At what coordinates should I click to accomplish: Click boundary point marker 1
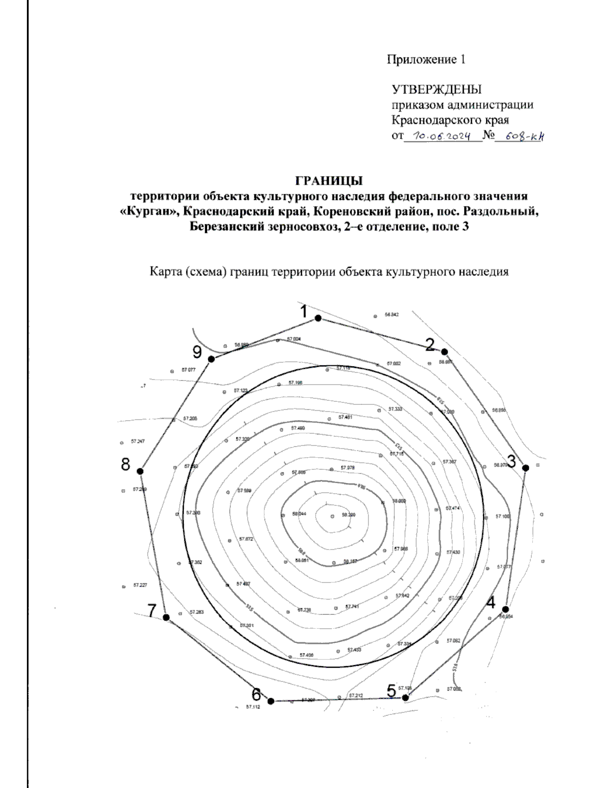click(318, 318)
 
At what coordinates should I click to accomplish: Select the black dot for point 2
click(444, 352)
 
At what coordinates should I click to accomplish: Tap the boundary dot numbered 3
click(526, 468)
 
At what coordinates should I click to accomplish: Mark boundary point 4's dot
click(505, 609)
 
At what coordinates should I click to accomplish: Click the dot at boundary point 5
click(405, 698)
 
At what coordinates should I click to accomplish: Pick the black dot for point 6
click(270, 701)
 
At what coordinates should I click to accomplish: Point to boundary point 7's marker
click(166, 617)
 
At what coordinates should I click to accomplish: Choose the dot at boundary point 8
click(141, 471)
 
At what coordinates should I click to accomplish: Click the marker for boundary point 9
click(212, 359)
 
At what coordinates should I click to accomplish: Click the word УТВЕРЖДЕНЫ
click(436, 89)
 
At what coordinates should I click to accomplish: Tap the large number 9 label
click(197, 352)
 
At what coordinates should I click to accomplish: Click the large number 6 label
click(257, 694)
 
